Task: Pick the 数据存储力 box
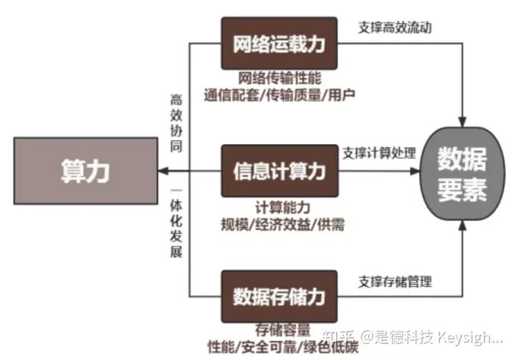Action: [x=279, y=295]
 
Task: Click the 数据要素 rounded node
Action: [x=462, y=172]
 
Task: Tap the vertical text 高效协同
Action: [x=176, y=122]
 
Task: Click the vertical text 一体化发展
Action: [x=176, y=224]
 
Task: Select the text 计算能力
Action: [x=279, y=207]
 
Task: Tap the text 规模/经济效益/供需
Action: [x=282, y=224]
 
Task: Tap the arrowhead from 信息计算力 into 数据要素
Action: [x=419, y=171]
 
